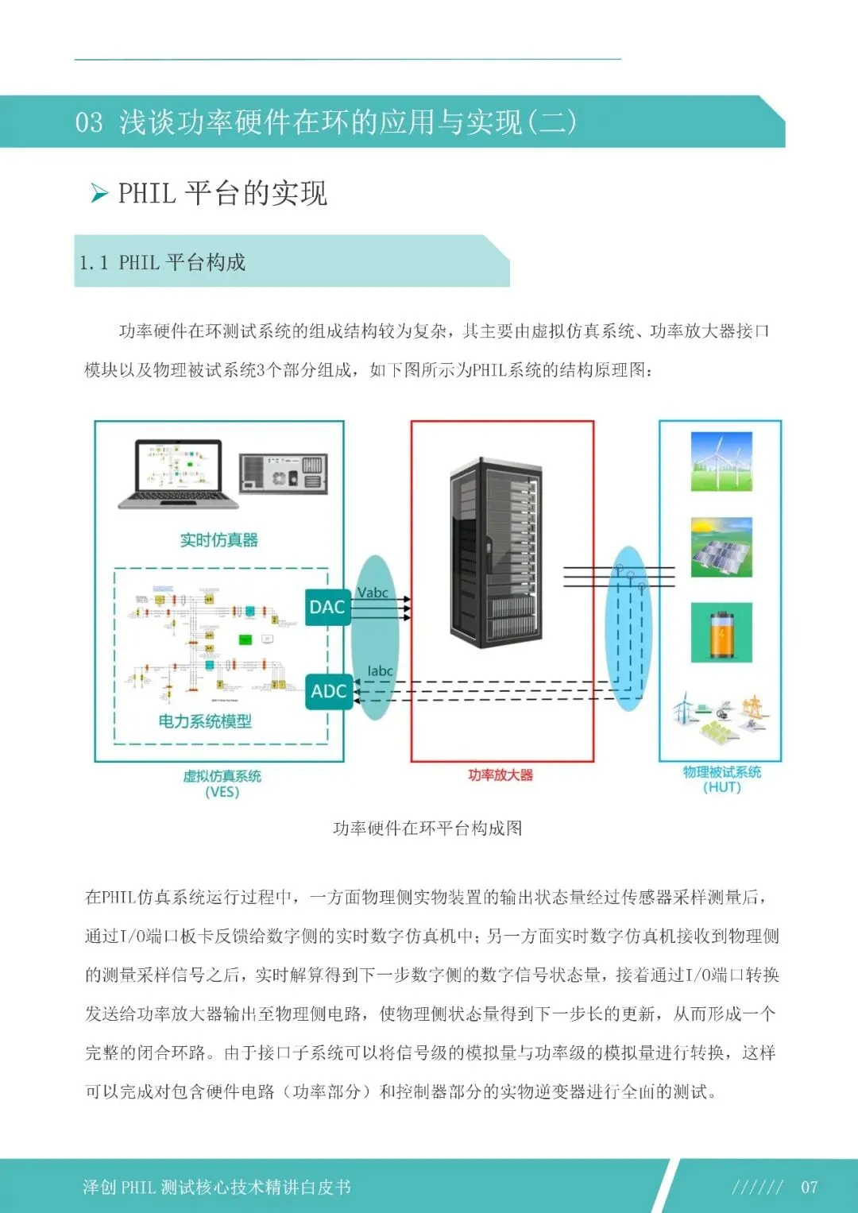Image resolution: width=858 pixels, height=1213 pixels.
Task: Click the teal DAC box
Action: [327, 608]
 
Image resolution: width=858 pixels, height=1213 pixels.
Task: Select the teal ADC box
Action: [328, 691]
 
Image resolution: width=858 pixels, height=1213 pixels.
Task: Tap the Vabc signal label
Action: [373, 593]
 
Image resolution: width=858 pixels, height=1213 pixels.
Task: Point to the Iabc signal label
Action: [380, 671]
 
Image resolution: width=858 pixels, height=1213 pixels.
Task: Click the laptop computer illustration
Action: [179, 474]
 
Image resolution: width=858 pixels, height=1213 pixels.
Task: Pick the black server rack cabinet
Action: [497, 553]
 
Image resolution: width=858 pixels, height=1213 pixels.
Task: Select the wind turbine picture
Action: [721, 462]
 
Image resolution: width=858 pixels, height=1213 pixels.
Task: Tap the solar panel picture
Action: [721, 548]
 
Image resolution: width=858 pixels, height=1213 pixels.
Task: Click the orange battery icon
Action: [721, 632]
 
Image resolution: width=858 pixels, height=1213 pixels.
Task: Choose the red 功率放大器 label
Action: [500, 775]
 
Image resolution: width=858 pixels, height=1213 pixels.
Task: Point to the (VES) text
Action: [222, 792]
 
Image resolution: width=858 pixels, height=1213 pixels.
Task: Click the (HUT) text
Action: [721, 787]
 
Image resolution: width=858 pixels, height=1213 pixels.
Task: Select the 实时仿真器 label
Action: [218, 540]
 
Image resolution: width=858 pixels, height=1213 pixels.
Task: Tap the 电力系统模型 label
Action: [205, 721]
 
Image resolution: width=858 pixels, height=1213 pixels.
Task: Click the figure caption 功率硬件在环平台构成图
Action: [427, 829]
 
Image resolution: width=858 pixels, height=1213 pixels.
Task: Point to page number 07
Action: [809, 1187]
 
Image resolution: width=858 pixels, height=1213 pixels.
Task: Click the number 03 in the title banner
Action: [89, 122]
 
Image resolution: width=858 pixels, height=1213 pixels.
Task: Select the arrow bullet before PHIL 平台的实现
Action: [99, 193]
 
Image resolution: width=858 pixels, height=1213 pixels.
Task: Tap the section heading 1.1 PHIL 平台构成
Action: [163, 262]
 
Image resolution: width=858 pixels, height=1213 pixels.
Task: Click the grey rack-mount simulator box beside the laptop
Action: [284, 474]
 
